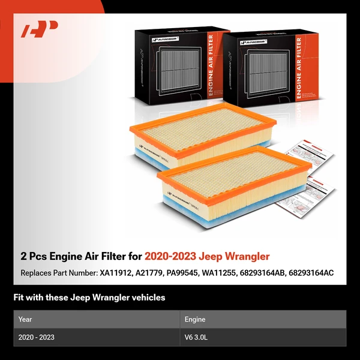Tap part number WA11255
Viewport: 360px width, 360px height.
235,273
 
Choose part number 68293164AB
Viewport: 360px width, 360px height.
280,273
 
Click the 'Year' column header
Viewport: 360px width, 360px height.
25,319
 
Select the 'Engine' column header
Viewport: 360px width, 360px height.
196,319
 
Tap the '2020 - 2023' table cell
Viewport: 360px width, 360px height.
36,337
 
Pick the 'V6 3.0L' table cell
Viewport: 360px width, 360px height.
196,337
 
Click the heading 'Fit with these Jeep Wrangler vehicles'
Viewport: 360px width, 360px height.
89,297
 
